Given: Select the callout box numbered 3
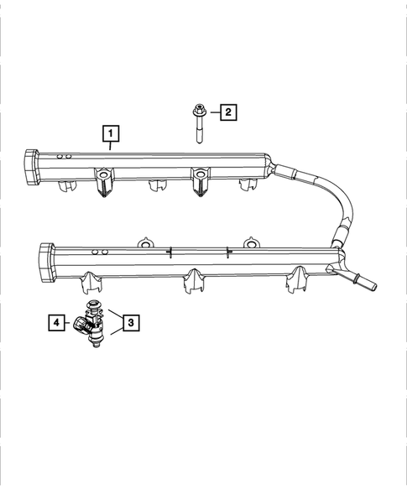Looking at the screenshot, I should click(x=129, y=320).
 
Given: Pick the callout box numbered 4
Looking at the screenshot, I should click(x=56, y=320).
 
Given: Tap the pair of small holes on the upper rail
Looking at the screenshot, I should click(x=62, y=157).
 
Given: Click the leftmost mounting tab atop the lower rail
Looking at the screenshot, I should click(x=146, y=243).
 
